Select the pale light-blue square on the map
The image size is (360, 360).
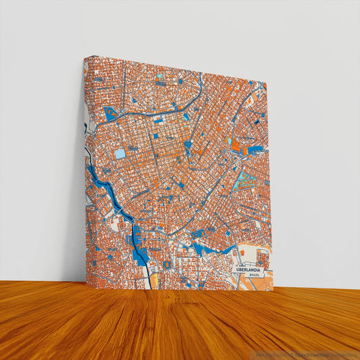[120, 153]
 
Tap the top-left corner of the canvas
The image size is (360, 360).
[85, 57]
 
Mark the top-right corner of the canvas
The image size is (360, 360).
[267, 84]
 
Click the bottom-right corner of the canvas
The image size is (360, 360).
[273, 290]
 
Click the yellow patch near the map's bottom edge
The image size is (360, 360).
[154, 278]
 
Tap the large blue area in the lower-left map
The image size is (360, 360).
[139, 245]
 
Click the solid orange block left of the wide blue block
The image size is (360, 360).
[236, 145]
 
